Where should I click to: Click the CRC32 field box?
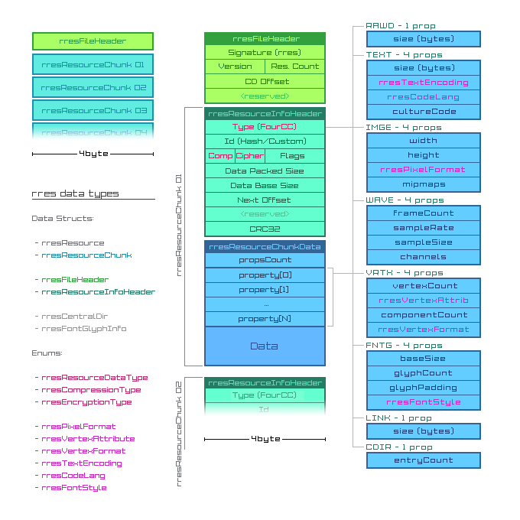265,229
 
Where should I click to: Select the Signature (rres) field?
265,53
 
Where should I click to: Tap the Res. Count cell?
295,67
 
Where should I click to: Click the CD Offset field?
265,81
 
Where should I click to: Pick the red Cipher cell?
249,156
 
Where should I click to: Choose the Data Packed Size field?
265,171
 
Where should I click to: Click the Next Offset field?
265,200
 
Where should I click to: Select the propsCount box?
265,260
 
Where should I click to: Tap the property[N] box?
265,318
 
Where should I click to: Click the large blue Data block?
265,346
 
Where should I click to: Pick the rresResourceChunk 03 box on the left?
93,111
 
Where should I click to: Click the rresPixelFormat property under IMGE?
424,169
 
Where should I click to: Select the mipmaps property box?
424,184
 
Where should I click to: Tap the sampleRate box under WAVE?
424,227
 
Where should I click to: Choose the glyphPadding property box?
424,388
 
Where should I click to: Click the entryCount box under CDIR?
424,460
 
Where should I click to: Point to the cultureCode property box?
424,111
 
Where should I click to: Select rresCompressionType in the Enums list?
91,389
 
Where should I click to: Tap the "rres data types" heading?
75,193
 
